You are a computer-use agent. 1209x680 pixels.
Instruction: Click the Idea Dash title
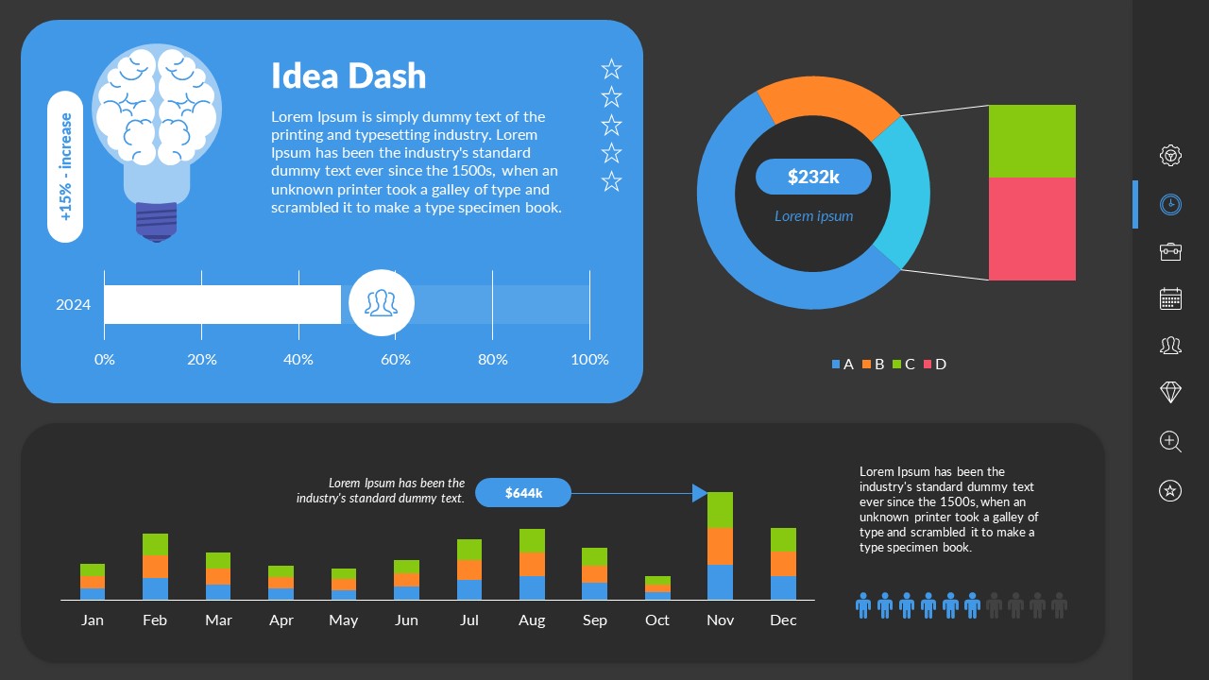[349, 76]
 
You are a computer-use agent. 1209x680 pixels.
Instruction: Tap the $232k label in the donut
[813, 177]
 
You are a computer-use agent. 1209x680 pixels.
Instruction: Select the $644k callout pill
[523, 492]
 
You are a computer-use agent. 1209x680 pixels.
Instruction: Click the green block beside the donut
[1031, 141]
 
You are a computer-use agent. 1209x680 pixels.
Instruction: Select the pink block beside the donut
[1031, 229]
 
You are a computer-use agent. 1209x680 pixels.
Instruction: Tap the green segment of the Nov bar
[720, 510]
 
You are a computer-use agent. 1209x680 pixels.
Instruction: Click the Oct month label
[656, 620]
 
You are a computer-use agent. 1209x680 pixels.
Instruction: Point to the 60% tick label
[395, 359]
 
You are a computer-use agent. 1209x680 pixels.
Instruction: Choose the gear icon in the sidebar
[1170, 155]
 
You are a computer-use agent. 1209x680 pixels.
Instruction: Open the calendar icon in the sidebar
[1170, 298]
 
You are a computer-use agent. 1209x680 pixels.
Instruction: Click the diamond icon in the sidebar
[1170, 392]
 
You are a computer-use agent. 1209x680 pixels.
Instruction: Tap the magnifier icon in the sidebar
[1170, 441]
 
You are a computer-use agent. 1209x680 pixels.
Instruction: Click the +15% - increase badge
[65, 167]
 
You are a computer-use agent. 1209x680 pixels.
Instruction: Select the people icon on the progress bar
[381, 303]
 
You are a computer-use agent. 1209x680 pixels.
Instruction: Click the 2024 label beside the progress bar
[74, 304]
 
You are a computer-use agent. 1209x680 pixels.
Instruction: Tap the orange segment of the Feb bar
[155, 566]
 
